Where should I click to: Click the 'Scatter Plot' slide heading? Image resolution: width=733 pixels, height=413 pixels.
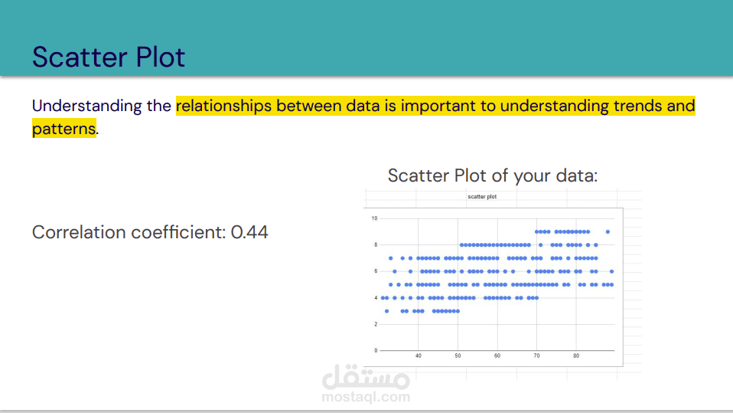[109, 57]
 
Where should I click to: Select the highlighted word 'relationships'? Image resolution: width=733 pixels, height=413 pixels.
[223, 107]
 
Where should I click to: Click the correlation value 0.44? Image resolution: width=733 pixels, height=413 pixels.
[249, 232]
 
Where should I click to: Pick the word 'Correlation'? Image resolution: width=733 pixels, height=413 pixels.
[79, 232]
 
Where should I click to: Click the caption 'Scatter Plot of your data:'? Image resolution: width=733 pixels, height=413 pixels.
[493, 175]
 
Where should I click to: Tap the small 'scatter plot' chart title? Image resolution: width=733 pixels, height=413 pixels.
[482, 197]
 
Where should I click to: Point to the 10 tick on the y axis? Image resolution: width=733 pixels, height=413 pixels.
[374, 218]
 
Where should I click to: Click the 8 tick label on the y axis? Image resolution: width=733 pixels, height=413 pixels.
[376, 245]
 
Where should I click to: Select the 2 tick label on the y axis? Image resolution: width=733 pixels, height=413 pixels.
[376, 324]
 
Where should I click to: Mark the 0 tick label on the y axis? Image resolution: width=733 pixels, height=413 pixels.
[376, 351]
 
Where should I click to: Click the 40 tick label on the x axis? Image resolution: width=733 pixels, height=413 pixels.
[419, 356]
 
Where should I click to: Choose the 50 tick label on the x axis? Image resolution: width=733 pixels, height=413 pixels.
[458, 356]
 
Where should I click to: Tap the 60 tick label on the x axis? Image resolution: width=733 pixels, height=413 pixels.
[497, 356]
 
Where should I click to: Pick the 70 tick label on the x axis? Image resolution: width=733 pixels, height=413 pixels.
[536, 356]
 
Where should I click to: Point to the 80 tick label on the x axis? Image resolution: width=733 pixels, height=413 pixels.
[576, 356]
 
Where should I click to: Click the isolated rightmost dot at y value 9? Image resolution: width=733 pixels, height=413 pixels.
[608, 231]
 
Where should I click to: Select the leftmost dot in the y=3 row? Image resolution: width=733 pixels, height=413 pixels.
[386, 311]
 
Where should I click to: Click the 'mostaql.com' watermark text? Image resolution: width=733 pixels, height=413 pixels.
[366, 397]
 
